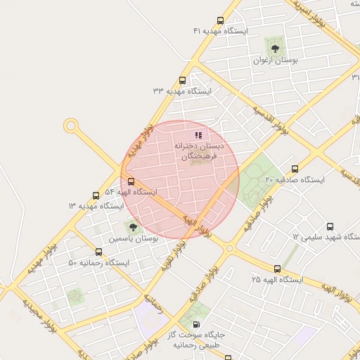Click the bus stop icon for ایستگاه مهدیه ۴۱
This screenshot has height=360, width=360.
tap(221, 21)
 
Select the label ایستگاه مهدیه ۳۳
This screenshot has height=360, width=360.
tap(181, 91)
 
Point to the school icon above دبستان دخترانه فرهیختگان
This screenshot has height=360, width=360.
tap(199, 135)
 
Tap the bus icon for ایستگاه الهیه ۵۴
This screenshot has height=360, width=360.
tap(131, 182)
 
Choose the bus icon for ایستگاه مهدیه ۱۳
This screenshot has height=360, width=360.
tap(96, 195)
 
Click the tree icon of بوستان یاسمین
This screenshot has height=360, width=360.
tap(132, 226)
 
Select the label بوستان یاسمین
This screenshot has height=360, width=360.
tap(133, 240)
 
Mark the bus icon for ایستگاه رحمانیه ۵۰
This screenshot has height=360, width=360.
tap(98, 252)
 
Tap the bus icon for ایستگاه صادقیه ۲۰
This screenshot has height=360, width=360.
tap(294, 169)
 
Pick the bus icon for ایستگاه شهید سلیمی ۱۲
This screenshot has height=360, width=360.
tap(330, 226)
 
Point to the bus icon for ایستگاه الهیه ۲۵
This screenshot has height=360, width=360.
tap(277, 269)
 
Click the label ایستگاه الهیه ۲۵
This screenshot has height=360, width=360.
tap(276, 280)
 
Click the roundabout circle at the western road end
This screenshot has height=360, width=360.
tap(70, 126)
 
